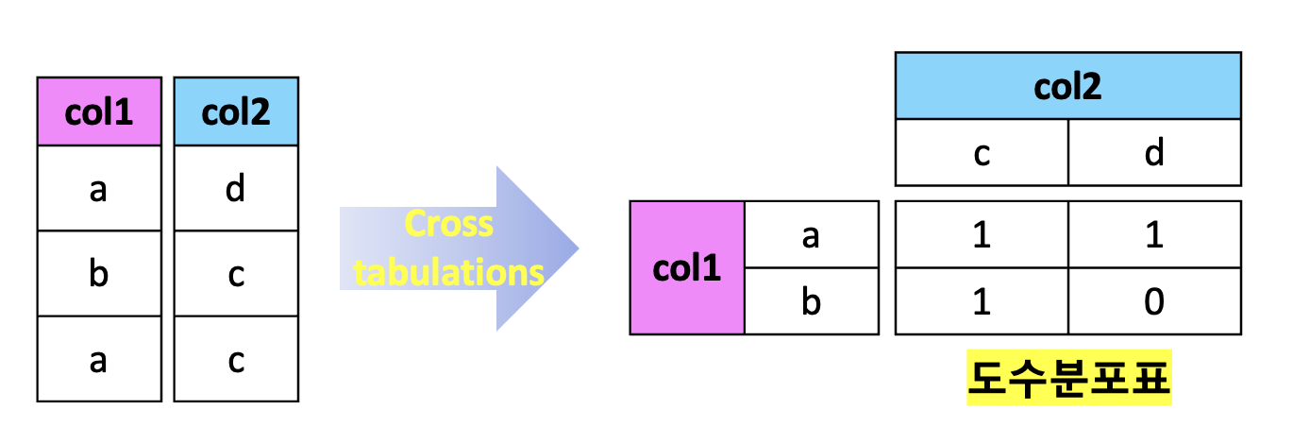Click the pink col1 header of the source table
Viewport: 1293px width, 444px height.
(x=98, y=112)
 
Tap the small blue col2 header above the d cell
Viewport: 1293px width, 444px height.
(x=236, y=112)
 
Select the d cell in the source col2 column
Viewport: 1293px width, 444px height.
(x=236, y=189)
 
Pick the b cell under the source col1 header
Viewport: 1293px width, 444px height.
(x=98, y=274)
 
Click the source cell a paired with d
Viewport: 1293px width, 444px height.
(x=98, y=189)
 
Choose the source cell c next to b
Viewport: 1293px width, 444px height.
(x=236, y=274)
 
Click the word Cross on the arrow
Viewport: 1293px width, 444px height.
(x=448, y=224)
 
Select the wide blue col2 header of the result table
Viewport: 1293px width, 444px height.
(x=1067, y=86)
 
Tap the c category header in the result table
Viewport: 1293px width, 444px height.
(x=982, y=152)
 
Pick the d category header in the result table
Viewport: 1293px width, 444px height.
(x=1154, y=152)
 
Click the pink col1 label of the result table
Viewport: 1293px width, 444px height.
(x=687, y=268)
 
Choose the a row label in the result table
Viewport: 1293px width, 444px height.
(x=811, y=235)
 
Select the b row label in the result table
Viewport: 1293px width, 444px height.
(x=811, y=301)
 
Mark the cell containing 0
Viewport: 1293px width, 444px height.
(x=1154, y=301)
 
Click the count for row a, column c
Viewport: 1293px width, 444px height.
(x=982, y=235)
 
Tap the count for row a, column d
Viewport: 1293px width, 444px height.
(x=1154, y=235)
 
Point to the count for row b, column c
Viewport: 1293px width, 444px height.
(x=982, y=301)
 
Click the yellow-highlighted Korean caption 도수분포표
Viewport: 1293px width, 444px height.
(x=1068, y=381)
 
